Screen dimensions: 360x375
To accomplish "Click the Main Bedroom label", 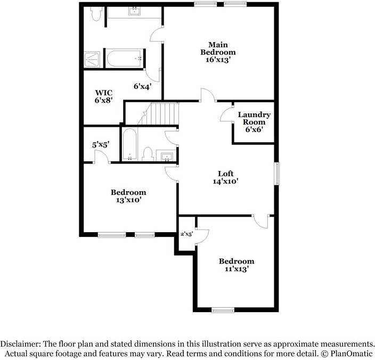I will pyautogui.click(x=217, y=52).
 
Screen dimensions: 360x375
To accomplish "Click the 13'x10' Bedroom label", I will pyautogui.click(x=128, y=196).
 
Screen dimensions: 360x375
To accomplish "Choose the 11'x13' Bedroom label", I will pyautogui.click(x=237, y=265).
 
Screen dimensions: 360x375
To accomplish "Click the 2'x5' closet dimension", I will pyautogui.click(x=186, y=233).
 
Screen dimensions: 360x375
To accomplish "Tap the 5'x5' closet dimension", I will pyautogui.click(x=101, y=144).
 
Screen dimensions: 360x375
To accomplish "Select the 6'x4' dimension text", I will pyautogui.click(x=143, y=86).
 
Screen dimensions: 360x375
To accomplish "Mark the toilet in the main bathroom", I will pyautogui.click(x=95, y=14).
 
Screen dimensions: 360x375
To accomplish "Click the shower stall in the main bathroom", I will pyautogui.click(x=93, y=59).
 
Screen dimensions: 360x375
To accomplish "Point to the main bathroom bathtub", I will pyautogui.click(x=124, y=59).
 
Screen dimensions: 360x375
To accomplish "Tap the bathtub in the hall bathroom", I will pyautogui.click(x=129, y=145).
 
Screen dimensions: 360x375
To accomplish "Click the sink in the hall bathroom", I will pyautogui.click(x=167, y=156).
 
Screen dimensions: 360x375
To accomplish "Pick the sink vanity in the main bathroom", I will pyautogui.click(x=134, y=13).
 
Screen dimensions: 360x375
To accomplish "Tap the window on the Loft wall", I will pyautogui.click(x=276, y=174).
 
